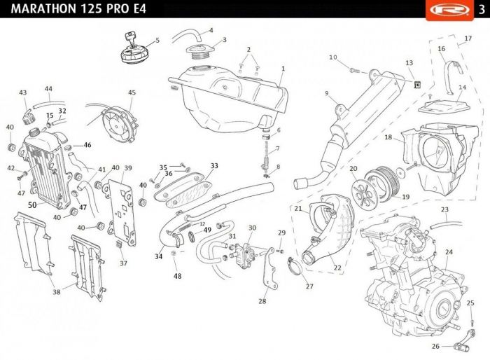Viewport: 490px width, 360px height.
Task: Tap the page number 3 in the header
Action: (x=482, y=8)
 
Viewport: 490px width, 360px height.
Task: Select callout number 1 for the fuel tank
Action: (x=283, y=69)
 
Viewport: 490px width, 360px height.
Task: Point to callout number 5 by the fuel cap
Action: (x=157, y=40)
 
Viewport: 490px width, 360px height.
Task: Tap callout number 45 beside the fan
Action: (x=132, y=92)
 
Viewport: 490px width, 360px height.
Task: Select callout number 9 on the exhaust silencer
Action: (x=326, y=93)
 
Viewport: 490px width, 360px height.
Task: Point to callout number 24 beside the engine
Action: (x=449, y=251)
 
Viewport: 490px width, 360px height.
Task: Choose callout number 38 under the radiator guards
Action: (x=57, y=292)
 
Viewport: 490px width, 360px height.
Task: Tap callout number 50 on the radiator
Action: (x=32, y=205)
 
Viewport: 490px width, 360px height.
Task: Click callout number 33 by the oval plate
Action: (x=214, y=165)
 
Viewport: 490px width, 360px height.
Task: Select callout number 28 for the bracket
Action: (x=262, y=302)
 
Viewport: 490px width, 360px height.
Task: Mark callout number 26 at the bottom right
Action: (x=435, y=346)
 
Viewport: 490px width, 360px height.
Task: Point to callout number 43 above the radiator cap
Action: (x=23, y=92)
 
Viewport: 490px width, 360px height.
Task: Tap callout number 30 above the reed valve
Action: (x=252, y=228)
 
